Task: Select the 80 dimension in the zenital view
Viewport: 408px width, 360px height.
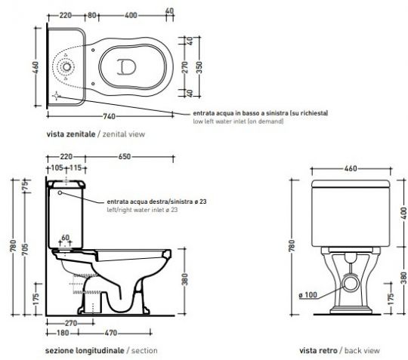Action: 91,14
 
